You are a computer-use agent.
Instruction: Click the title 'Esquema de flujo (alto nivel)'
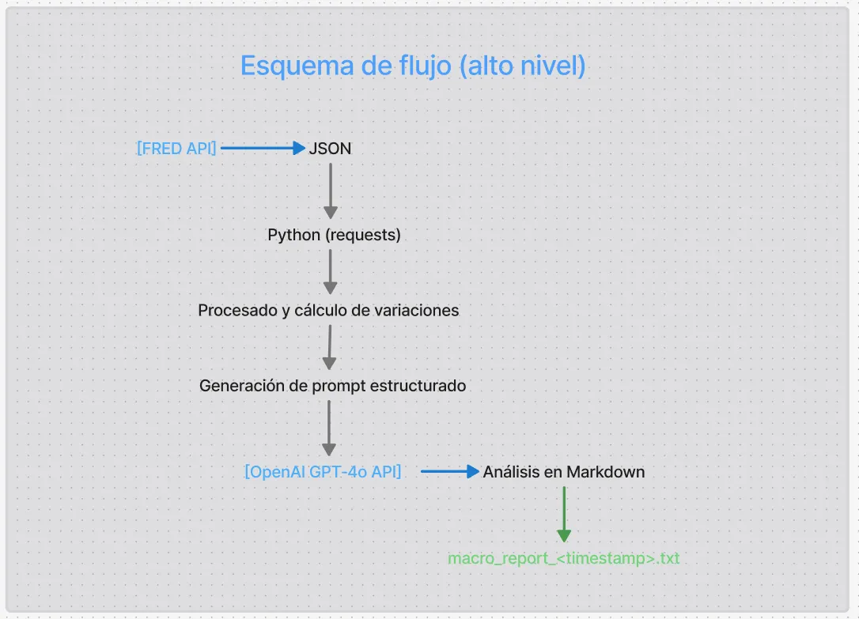(413, 66)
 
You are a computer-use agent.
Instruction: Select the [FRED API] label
(176, 148)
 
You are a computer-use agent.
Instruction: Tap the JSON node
(330, 148)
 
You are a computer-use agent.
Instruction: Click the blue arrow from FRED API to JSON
(262, 148)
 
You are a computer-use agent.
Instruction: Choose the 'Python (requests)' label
(334, 235)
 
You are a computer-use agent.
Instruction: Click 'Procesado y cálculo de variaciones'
(328, 311)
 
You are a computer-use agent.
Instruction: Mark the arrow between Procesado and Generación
(329, 347)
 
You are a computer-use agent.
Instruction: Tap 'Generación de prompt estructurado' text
(332, 386)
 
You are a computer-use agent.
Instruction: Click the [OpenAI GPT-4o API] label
(323, 472)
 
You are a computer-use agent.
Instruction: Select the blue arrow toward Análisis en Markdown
(450, 472)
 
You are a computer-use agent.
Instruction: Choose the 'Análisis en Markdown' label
(564, 472)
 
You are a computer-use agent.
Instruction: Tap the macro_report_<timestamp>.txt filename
(564, 559)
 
